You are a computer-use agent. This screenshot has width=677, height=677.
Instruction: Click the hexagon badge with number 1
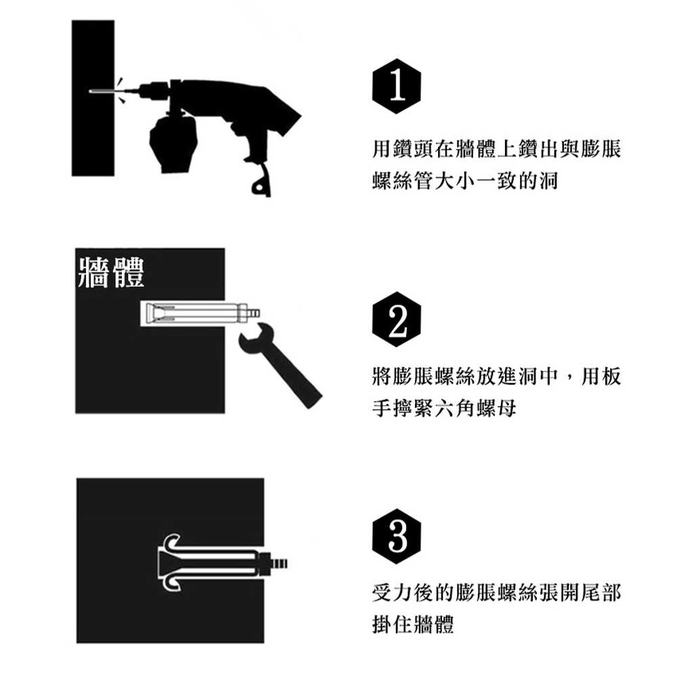click(396, 87)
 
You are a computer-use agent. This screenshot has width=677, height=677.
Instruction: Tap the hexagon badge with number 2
click(396, 320)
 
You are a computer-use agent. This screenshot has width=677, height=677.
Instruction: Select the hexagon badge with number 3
click(396, 537)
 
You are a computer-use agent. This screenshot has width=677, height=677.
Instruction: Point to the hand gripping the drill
click(173, 141)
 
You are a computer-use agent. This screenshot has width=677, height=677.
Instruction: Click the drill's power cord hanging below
click(261, 181)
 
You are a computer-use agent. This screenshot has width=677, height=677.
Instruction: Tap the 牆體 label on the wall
click(111, 272)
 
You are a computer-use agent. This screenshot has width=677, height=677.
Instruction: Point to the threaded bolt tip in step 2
click(254, 311)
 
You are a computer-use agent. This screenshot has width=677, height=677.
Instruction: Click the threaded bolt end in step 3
click(278, 563)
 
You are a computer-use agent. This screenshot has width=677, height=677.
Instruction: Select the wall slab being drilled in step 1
click(93, 98)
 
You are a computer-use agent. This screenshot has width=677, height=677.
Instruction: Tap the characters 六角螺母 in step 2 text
click(475, 408)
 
